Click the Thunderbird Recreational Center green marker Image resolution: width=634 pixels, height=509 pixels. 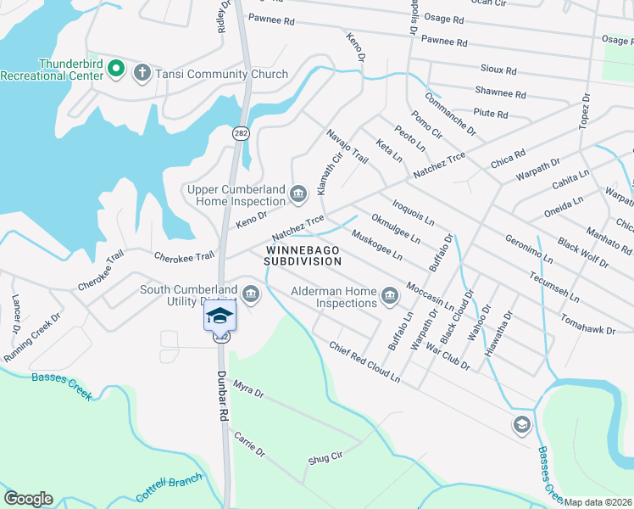[x=116, y=69]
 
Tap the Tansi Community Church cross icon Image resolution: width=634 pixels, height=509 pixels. [x=142, y=74]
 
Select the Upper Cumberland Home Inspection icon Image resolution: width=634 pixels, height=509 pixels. [x=298, y=195]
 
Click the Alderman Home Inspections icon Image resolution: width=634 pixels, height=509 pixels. [x=390, y=296]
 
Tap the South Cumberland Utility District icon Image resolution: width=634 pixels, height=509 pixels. [x=250, y=294]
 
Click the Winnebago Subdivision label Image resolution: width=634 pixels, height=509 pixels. [x=303, y=256]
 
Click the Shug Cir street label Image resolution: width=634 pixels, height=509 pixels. [x=325, y=459]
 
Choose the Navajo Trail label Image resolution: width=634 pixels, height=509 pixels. [x=348, y=146]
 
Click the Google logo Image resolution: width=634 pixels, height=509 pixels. [x=28, y=499]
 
